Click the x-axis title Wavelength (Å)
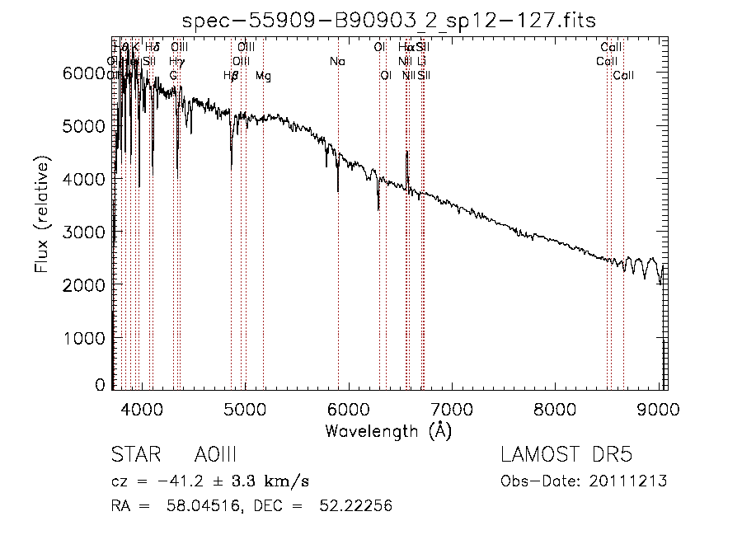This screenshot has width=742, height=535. [388, 430]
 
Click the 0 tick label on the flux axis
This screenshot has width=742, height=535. [100, 385]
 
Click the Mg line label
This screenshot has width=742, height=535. [263, 76]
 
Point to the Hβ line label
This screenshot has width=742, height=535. [231, 76]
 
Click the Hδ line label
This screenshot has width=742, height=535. [152, 48]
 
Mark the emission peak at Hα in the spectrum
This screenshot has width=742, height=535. [406, 153]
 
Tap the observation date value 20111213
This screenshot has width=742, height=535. [628, 481]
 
